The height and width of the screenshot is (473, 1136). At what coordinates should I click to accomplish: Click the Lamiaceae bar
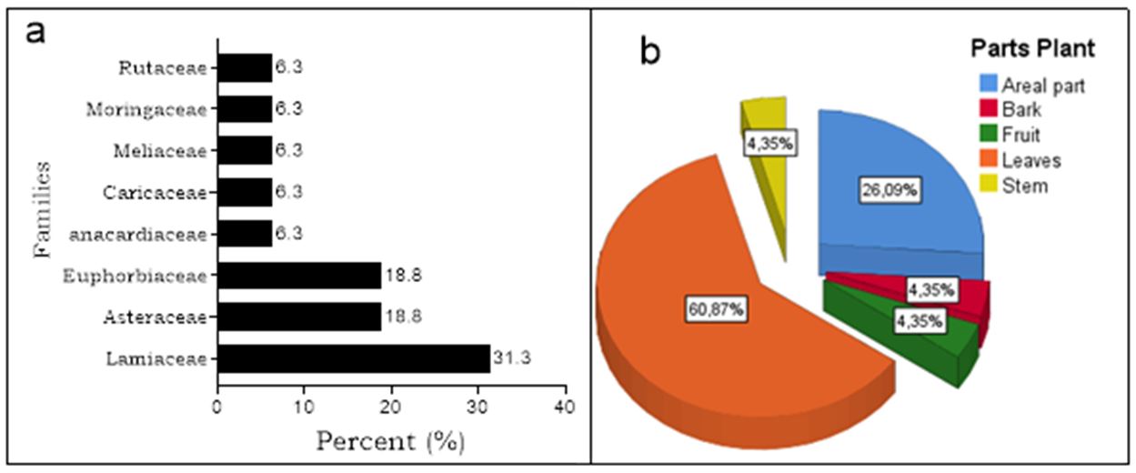coord(354,358)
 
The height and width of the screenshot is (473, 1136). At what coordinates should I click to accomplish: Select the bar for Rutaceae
coord(245,67)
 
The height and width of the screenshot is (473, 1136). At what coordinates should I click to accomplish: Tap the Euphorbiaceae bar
coord(299,276)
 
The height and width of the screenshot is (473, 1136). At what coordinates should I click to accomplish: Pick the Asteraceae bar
coord(299,317)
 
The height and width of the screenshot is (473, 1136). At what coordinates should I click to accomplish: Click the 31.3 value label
coord(512,358)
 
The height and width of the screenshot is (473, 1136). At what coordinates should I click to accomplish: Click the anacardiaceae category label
coord(138,235)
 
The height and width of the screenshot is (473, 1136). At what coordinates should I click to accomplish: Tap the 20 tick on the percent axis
coord(392,407)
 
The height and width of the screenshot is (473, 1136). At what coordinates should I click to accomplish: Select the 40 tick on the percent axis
coord(566,407)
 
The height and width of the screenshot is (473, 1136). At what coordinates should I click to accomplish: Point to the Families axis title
coord(43,210)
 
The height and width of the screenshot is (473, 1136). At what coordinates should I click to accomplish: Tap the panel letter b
coord(649,52)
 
